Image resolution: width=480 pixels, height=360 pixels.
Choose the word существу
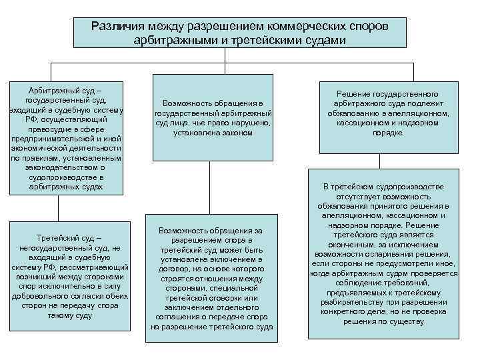pos(403,321)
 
